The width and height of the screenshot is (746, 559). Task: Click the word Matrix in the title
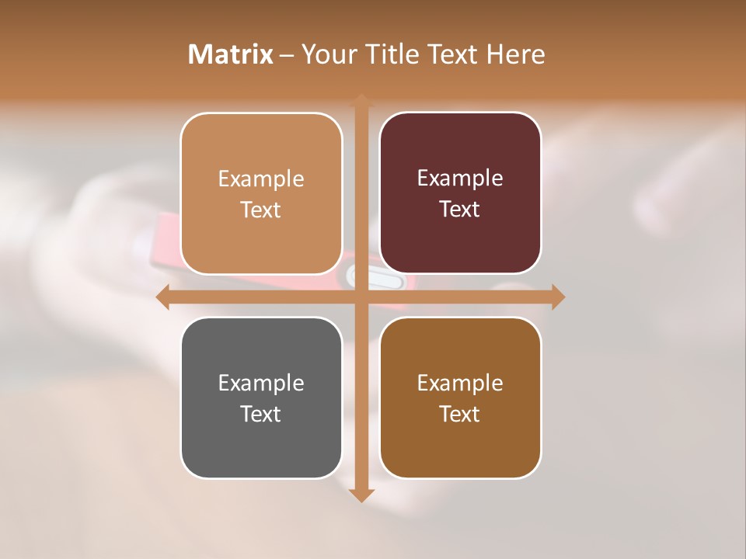point(231,54)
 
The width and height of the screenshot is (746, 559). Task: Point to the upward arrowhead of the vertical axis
point(361,100)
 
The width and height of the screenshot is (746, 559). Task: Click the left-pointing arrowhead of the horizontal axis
point(162,297)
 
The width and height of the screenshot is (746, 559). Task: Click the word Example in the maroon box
point(460,178)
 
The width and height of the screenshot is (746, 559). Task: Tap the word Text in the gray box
point(261,414)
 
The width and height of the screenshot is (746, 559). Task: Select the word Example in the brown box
point(460,383)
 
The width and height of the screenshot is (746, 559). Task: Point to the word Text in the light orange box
point(261,210)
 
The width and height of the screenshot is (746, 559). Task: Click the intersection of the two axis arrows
point(361,297)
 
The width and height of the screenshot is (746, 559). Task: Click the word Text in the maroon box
point(460,209)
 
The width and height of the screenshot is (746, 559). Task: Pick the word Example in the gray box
point(261,383)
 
